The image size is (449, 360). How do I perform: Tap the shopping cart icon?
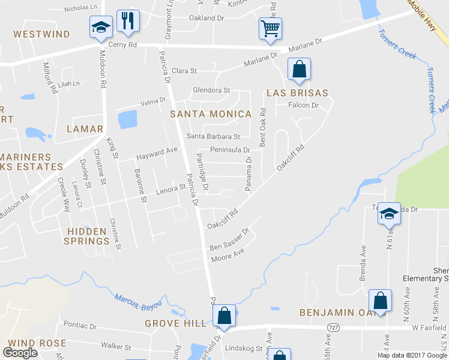[270, 28]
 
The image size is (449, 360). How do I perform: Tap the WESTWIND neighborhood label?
[42, 34]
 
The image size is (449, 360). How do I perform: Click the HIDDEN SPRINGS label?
[88, 236]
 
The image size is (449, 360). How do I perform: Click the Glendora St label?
[211, 91]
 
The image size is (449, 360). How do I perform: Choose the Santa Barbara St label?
[213, 137]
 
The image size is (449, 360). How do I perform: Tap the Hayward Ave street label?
[157, 152]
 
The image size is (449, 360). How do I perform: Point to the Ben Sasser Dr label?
[229, 239]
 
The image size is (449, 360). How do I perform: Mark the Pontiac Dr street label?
[80, 326]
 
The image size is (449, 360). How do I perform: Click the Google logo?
[20, 352]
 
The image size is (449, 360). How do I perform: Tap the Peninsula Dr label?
[230, 149]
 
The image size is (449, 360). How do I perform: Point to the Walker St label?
[116, 347]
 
